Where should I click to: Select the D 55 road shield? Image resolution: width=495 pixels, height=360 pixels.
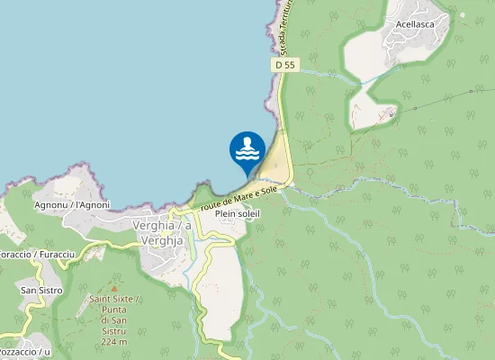[x=285, y=65]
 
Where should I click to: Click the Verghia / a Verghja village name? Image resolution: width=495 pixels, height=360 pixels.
[x=162, y=231]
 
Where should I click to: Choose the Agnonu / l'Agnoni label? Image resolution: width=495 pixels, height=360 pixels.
[x=71, y=204]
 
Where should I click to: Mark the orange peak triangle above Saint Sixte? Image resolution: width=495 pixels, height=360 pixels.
[x=113, y=287]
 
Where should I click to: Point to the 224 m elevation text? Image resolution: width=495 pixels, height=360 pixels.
[x=113, y=342]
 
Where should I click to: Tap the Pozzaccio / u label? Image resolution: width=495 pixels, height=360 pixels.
[x=20, y=351]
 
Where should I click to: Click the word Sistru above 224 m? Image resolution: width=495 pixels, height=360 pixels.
[x=113, y=330]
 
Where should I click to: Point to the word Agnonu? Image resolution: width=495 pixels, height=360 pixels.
[x=49, y=204]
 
